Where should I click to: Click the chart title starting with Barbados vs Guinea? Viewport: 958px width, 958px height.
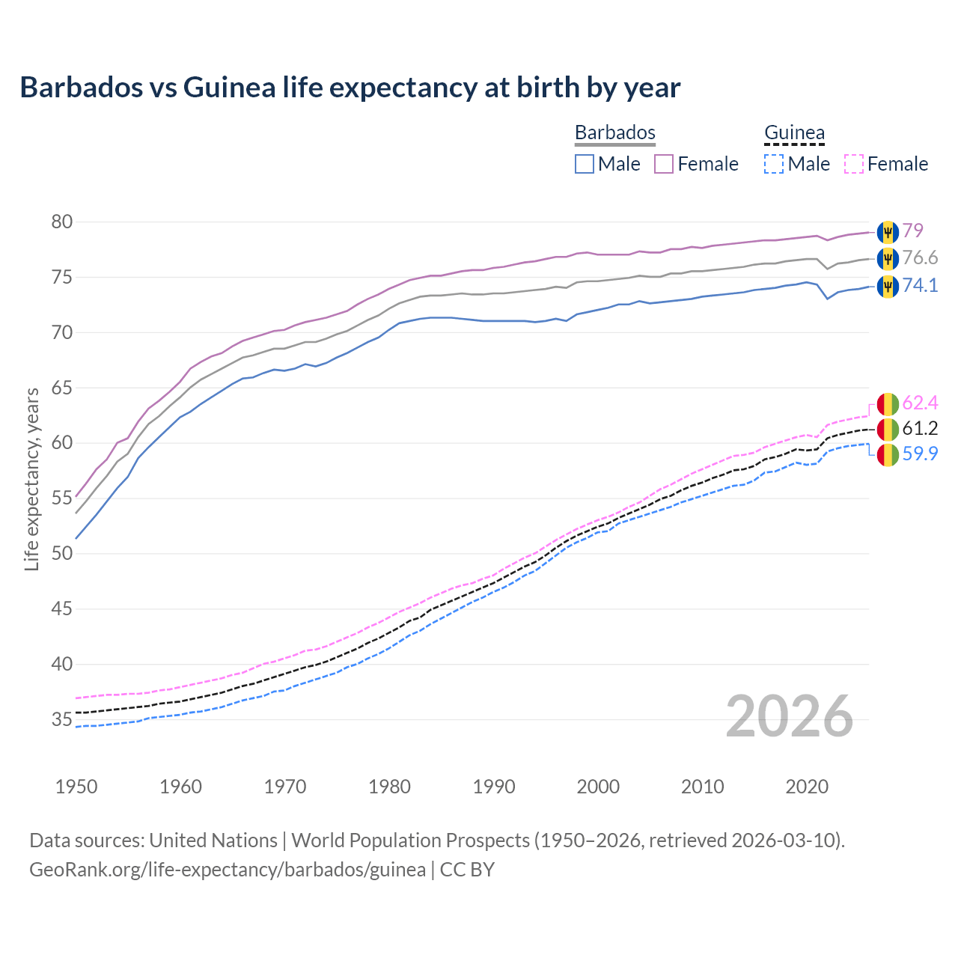[x=350, y=88]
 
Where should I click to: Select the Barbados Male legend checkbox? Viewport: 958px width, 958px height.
[x=585, y=164]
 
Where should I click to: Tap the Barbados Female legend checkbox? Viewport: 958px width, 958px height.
[x=664, y=164]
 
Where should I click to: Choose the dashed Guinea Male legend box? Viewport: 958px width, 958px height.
[x=774, y=164]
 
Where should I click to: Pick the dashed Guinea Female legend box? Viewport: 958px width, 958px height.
[x=854, y=164]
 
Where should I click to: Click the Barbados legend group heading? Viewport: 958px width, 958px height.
[x=614, y=132]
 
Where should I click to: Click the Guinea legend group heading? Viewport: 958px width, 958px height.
[x=794, y=132]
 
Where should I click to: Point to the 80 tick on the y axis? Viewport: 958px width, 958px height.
[x=62, y=222]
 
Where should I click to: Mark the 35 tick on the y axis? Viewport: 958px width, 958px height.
[x=62, y=720]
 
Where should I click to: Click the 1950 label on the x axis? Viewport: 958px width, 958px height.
[x=76, y=787]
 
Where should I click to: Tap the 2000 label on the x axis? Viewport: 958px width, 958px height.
[x=598, y=787]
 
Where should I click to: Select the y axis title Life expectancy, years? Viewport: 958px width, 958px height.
[x=31, y=479]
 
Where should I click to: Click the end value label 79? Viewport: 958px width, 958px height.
[x=912, y=231]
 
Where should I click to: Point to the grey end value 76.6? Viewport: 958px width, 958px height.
[x=920, y=258]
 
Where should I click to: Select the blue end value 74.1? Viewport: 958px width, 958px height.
[x=920, y=285]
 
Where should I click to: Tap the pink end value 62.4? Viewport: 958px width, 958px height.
[x=920, y=403]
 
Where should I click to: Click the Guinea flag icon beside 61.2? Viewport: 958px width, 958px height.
[x=888, y=429]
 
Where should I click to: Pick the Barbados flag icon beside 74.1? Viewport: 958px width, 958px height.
[x=888, y=286]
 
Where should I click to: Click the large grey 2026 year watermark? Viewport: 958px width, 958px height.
[x=789, y=716]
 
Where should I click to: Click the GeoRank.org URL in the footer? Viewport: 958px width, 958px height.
[x=227, y=870]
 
